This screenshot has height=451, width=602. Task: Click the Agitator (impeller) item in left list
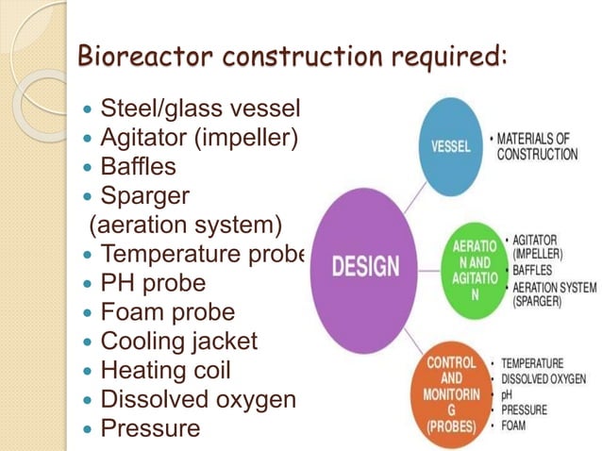(198, 139)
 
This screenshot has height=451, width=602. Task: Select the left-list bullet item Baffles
(138, 168)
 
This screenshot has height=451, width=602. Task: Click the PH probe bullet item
(153, 283)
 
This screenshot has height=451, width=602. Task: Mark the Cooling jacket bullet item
(178, 341)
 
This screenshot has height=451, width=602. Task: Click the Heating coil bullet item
(165, 370)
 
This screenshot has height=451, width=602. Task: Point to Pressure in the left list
(150, 427)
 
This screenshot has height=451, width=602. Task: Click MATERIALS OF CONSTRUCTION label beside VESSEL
(537, 146)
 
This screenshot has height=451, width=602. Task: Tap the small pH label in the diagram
(507, 394)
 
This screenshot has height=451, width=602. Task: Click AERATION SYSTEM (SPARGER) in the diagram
(553, 294)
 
